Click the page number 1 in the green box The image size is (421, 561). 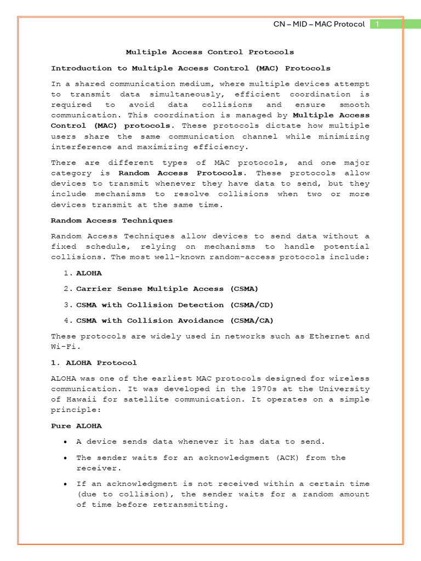[x=378, y=24]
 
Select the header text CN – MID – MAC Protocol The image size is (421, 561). [x=319, y=24]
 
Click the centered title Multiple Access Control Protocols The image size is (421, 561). [x=210, y=52]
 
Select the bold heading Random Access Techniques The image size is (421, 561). [x=112, y=220]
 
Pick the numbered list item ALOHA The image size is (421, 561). [x=89, y=273]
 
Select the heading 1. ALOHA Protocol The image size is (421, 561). [x=94, y=363]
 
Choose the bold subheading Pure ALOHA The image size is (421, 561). [x=76, y=426]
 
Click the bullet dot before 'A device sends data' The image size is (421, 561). [x=66, y=442]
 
